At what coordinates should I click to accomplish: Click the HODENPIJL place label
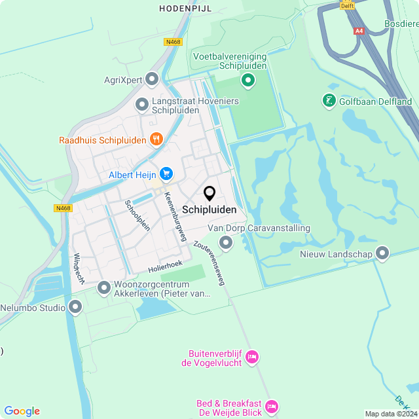pyautogui.click(x=181, y=9)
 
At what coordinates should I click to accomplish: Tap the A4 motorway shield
pyautogui.click(x=359, y=31)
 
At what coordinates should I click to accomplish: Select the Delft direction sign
pyautogui.click(x=347, y=5)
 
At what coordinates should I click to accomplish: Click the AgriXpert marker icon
pyautogui.click(x=153, y=80)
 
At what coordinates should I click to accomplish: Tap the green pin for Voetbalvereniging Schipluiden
pyautogui.click(x=247, y=81)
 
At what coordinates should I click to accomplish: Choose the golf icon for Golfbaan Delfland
pyautogui.click(x=329, y=101)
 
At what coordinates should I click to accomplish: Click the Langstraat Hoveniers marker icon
pyautogui.click(x=142, y=105)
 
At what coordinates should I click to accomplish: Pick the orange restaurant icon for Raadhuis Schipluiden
pyautogui.click(x=156, y=139)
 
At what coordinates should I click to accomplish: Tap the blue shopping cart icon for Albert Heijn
pyautogui.click(x=166, y=173)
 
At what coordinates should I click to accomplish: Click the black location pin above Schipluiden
pyautogui.click(x=209, y=194)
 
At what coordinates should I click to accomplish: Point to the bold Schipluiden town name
pyautogui.click(x=209, y=210)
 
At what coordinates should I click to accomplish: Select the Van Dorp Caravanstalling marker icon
pyautogui.click(x=226, y=243)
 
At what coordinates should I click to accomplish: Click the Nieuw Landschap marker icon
pyautogui.click(x=382, y=253)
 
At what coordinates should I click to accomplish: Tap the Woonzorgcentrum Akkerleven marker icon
pyautogui.click(x=104, y=287)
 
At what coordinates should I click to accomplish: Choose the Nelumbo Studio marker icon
pyautogui.click(x=76, y=306)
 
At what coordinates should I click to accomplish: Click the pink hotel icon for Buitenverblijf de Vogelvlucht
pyautogui.click(x=252, y=357)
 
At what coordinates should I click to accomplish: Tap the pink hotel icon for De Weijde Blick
pyautogui.click(x=272, y=407)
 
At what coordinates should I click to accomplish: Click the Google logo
pyautogui.click(x=22, y=410)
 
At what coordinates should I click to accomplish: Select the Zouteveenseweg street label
pyautogui.click(x=209, y=263)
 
